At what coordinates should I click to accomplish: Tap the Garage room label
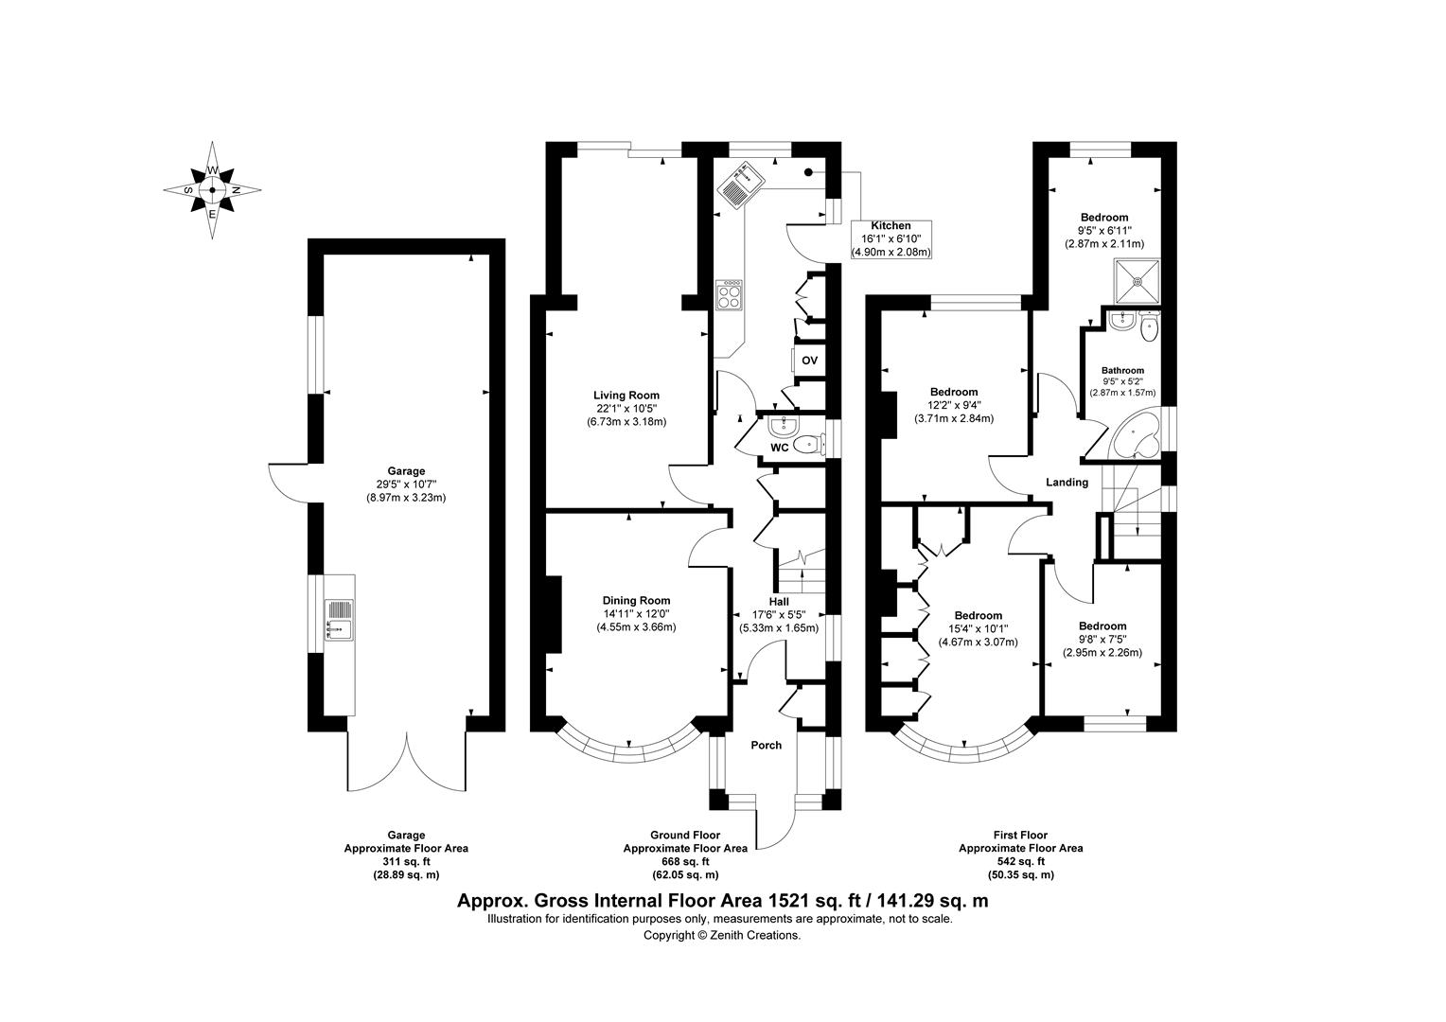(405, 471)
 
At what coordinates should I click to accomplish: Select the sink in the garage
(338, 619)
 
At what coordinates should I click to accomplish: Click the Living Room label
(626, 396)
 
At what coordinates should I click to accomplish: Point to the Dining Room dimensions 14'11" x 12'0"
(636, 613)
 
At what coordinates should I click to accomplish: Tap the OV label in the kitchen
(809, 361)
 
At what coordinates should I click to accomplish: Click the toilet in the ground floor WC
(806, 444)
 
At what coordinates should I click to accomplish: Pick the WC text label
(779, 448)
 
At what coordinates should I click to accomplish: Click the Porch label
(766, 746)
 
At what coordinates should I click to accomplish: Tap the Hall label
(778, 601)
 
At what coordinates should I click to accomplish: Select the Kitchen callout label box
(891, 238)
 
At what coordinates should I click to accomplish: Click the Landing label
(1067, 483)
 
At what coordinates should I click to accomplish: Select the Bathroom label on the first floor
(1122, 371)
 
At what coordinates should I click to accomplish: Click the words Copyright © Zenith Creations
(722, 935)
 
